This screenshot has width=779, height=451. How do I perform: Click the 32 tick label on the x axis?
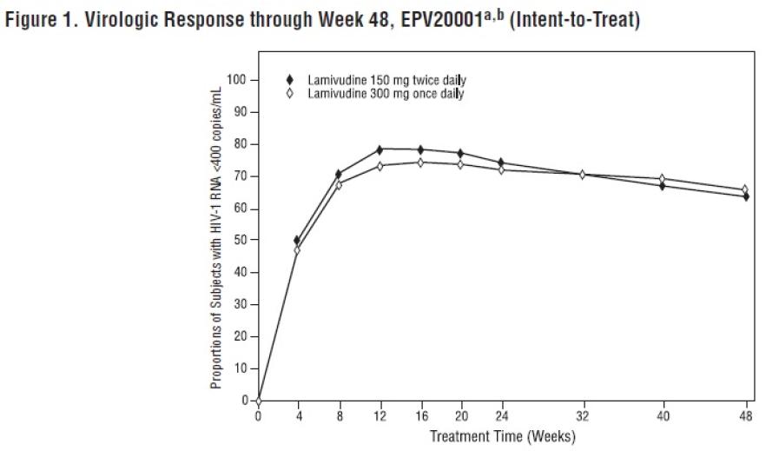point(583,415)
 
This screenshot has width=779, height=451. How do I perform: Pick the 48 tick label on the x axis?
point(744,415)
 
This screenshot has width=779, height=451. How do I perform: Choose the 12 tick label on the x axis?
point(380,415)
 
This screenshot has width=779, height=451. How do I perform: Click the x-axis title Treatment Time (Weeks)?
point(502,435)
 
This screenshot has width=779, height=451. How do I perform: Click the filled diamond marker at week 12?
point(380,149)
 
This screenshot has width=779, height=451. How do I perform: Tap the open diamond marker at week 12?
point(380,166)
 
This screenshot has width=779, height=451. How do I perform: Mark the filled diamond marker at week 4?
point(298,240)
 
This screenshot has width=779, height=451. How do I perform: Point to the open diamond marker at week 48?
point(744,189)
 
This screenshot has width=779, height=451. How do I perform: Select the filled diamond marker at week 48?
point(744,196)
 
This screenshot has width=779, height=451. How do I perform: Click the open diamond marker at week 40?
point(663,179)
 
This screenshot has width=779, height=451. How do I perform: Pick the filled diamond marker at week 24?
point(501,162)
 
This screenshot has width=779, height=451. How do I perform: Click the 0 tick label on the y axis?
point(243,401)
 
